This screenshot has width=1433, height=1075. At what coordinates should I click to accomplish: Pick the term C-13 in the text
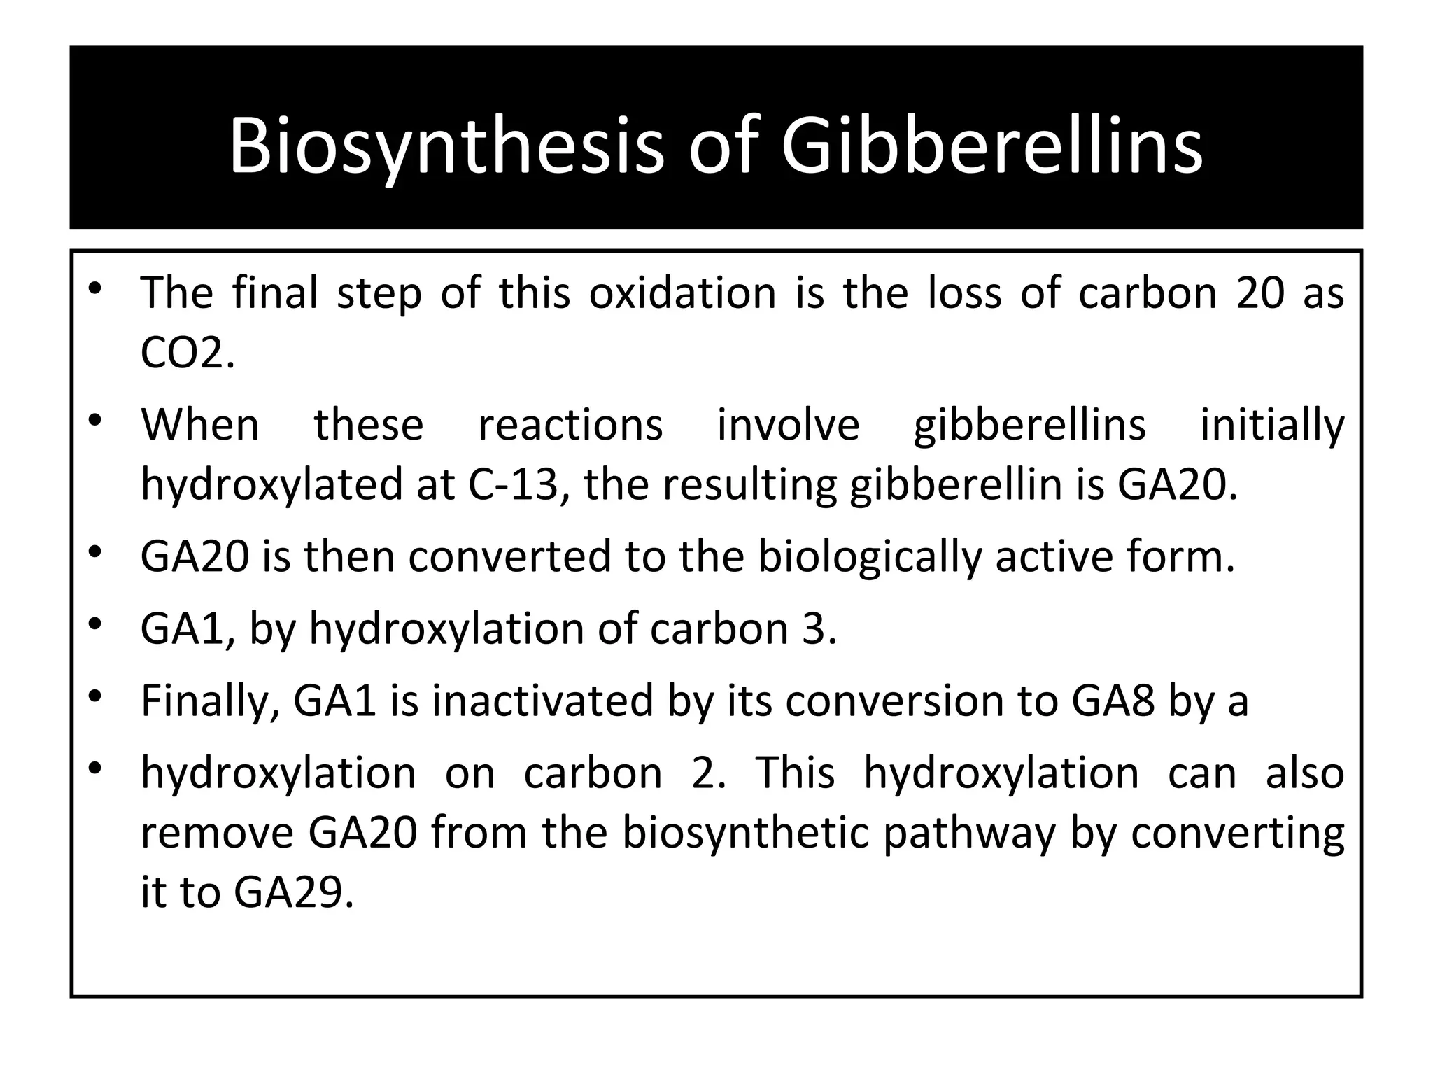(x=517, y=484)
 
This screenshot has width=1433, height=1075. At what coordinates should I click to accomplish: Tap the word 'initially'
(x=1272, y=425)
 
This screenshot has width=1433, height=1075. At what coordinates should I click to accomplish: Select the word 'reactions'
(x=570, y=425)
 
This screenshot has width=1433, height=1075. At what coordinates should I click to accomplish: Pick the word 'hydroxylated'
(x=271, y=484)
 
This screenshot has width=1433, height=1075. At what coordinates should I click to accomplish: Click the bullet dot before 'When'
(x=96, y=421)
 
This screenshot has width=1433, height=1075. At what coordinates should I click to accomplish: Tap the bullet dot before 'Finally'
(x=96, y=696)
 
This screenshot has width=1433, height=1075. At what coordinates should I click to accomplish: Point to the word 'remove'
(x=216, y=833)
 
